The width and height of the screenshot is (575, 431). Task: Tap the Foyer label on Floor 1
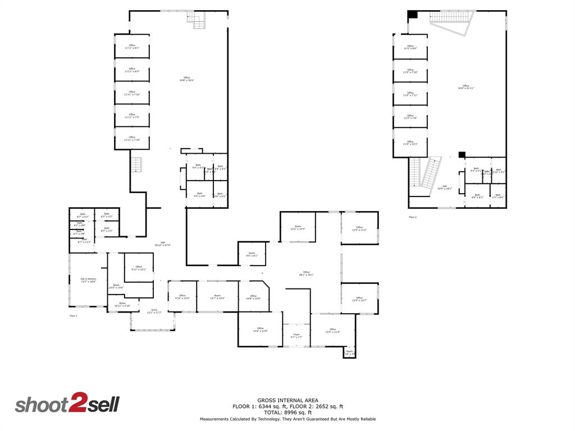coord(296,336)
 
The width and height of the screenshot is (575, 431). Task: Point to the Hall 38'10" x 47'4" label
coord(163,244)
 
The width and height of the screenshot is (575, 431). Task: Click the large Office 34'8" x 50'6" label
coord(186,79)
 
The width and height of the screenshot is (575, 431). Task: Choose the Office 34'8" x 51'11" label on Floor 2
coord(466,87)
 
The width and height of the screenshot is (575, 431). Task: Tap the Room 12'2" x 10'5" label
coord(298,227)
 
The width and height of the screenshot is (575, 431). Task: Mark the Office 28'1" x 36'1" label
coord(306,273)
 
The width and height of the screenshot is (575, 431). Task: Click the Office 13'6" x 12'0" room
coord(260,329)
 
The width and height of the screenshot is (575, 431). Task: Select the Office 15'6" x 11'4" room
coord(332,330)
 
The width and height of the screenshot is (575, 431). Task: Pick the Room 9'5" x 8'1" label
coord(252,254)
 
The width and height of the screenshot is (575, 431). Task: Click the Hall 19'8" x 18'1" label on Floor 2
coord(444,187)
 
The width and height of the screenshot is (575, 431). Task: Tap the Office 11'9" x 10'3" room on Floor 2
coord(410,143)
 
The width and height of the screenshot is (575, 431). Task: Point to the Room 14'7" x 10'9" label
coord(217,296)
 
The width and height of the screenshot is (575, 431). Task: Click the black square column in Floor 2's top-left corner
coord(412,14)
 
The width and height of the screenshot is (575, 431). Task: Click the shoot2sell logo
coord(67,404)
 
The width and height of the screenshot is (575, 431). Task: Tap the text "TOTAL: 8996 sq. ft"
coord(288,412)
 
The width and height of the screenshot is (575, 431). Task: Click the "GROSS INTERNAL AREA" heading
coord(288,400)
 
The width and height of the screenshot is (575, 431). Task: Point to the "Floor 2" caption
coord(413,217)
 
